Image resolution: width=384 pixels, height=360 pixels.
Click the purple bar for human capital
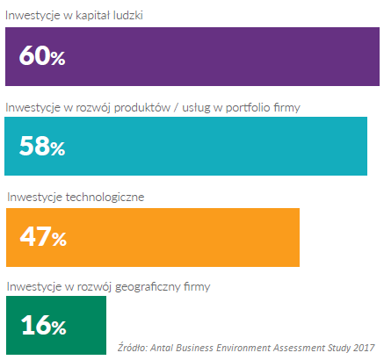pyautogui.click(x=192, y=56)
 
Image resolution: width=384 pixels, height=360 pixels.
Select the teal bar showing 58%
pyautogui.click(x=185, y=146)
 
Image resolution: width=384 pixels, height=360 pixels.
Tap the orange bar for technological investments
pyautogui.click(x=153, y=237)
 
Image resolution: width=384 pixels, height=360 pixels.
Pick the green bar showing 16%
pyautogui.click(x=56, y=325)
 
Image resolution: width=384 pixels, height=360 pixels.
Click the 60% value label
pyautogui.click(x=42, y=55)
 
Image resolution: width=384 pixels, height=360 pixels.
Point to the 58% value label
pyautogui.click(x=42, y=146)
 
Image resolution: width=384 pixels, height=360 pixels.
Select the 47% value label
pyautogui.click(x=43, y=236)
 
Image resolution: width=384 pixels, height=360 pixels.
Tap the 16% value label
pyautogui.click(x=44, y=325)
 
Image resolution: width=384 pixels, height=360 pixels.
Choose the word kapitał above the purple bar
pyautogui.click(x=92, y=16)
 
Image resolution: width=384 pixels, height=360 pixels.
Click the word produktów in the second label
pyautogui.click(x=142, y=108)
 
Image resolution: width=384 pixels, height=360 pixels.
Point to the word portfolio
pyautogui.click(x=248, y=108)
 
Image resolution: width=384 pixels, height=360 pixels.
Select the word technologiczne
pyautogui.click(x=105, y=198)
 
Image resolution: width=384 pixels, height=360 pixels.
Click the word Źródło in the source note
pyautogui.click(x=133, y=347)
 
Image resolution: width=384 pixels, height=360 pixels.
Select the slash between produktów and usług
pyautogui.click(x=176, y=108)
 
